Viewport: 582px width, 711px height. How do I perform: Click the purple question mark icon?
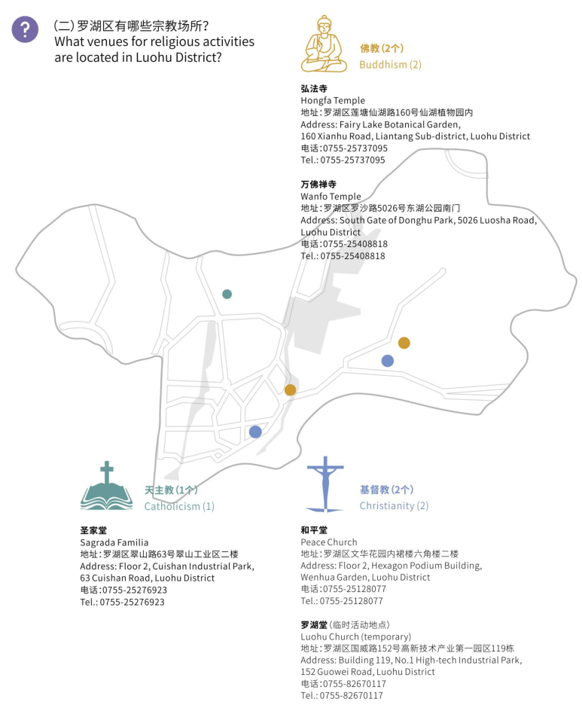(x=25, y=29)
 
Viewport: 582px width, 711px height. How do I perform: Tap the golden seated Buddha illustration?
(x=324, y=44)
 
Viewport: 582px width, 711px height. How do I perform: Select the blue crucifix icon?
(x=325, y=484)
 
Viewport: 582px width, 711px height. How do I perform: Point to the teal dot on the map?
(x=227, y=294)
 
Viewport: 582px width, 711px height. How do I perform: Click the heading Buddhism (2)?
(x=390, y=65)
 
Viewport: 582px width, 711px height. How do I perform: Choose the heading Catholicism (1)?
(x=179, y=506)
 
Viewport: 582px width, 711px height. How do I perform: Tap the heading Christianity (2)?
(x=394, y=505)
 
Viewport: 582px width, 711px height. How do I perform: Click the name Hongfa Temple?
(x=333, y=101)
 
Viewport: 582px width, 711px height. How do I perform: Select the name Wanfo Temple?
(x=331, y=197)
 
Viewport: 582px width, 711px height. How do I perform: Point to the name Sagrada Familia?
(x=114, y=543)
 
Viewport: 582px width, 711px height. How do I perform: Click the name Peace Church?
(x=329, y=542)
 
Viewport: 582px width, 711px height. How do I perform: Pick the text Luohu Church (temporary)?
(x=356, y=636)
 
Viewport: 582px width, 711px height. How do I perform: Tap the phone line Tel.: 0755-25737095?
(x=343, y=160)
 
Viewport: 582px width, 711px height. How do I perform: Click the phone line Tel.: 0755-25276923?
(x=123, y=603)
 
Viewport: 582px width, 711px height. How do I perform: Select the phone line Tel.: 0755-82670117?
(x=342, y=696)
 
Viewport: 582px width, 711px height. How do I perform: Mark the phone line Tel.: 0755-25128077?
(x=342, y=601)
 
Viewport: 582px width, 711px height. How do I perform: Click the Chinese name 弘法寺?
(x=314, y=88)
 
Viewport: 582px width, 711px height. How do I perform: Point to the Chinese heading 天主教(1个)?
(x=171, y=490)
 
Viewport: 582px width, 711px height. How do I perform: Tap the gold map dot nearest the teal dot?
(x=290, y=390)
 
